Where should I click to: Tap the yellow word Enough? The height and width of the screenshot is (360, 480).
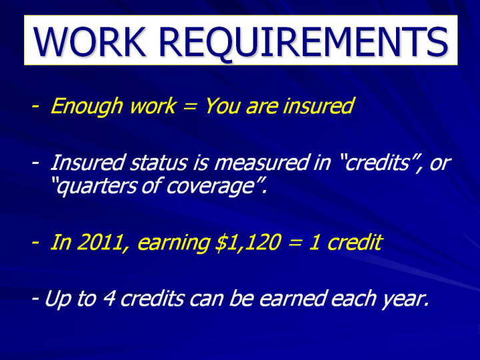(86, 107)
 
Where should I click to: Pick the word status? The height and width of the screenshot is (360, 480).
(158, 162)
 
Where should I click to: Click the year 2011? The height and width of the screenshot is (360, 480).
(100, 242)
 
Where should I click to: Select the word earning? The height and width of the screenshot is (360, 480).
(173, 243)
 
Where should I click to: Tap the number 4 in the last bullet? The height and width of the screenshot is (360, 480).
(109, 298)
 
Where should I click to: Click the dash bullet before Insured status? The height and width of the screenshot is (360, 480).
(35, 163)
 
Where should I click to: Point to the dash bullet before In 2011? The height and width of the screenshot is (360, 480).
(35, 243)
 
